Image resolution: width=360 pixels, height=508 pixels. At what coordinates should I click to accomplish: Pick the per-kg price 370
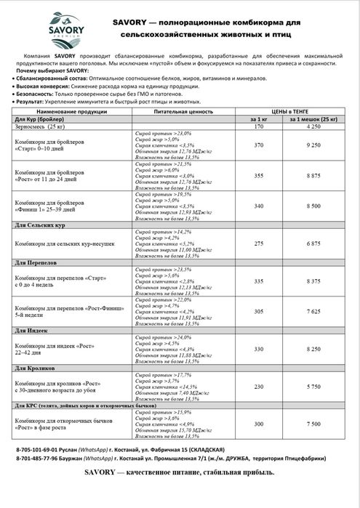coord(259,145)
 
